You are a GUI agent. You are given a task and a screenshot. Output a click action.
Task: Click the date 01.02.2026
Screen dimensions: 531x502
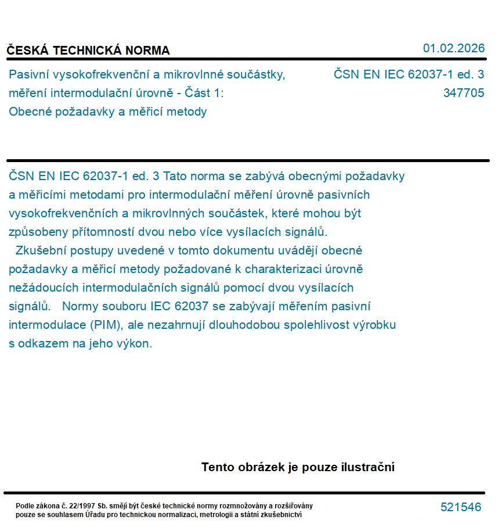(453, 48)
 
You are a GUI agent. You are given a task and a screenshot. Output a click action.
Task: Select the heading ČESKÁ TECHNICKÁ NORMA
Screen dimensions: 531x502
(88, 51)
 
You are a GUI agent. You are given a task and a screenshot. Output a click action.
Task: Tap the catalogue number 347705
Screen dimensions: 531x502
(463, 93)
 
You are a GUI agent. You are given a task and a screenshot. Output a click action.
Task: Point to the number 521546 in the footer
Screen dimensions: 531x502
(461, 507)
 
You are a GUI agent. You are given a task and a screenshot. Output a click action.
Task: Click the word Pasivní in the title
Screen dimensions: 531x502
(28, 74)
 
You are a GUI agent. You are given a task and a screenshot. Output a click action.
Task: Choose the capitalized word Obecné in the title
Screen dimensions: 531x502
(29, 112)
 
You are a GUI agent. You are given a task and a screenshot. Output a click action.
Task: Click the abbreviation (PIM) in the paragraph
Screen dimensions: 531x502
(105, 325)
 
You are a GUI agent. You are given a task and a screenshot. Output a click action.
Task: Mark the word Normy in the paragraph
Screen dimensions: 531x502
(81, 306)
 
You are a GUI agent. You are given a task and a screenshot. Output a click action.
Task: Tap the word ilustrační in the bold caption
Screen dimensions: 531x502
(366, 467)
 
